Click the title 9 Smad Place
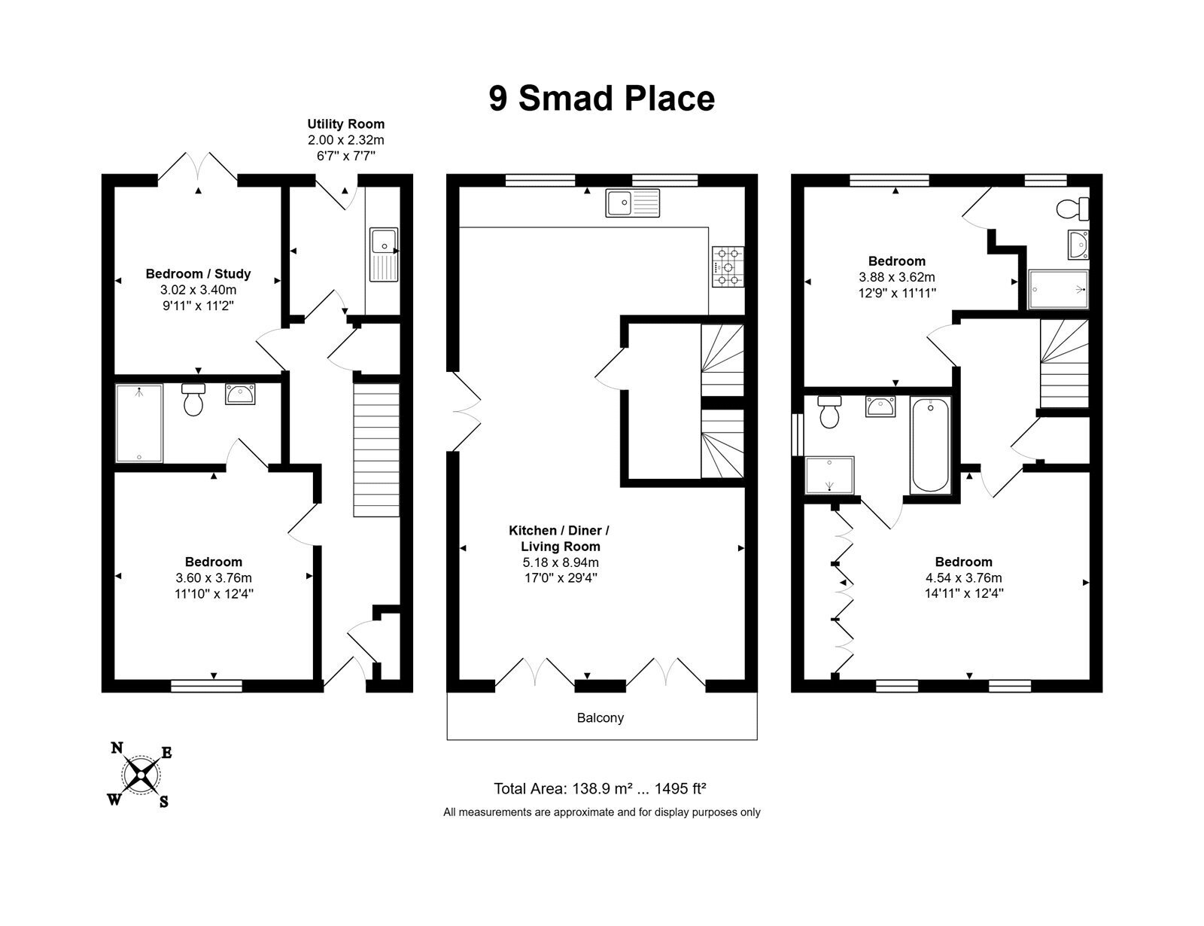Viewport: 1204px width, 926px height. [x=602, y=98]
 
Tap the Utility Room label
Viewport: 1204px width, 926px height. [x=345, y=124]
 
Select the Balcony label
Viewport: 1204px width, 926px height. [x=600, y=717]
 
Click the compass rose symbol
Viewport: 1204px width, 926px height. [x=141, y=774]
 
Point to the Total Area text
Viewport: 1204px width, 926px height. [x=600, y=788]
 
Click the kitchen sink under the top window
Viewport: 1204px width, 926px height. [x=632, y=203]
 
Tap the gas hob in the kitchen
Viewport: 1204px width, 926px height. [x=728, y=267]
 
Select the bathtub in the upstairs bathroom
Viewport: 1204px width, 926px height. [x=930, y=444]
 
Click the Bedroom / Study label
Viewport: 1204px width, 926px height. [x=198, y=274]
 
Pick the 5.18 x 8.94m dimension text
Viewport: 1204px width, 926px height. [x=561, y=562]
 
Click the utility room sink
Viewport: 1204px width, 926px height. [x=384, y=254]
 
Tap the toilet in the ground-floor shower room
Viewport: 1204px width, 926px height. [x=193, y=400]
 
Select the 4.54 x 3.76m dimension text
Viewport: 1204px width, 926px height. [x=963, y=577]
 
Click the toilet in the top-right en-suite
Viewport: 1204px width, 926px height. [x=1072, y=209]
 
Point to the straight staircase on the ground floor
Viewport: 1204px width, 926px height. [x=376, y=450]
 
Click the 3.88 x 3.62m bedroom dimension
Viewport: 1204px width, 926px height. [x=896, y=277]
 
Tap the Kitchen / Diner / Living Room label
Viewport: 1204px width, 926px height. [x=559, y=538]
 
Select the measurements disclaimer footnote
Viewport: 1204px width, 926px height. [x=602, y=812]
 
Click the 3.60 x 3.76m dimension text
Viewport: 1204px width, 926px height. [x=213, y=578]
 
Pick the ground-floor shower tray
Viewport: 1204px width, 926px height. [x=139, y=423]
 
